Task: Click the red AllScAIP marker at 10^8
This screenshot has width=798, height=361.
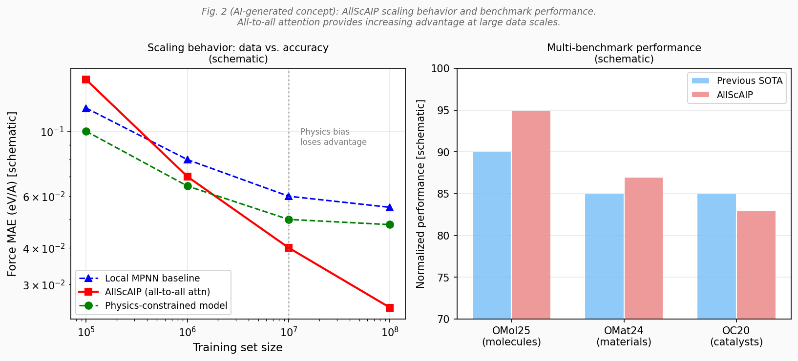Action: tap(390, 308)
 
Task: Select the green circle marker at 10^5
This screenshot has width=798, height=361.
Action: tap(86, 131)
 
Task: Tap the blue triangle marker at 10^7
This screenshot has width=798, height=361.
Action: tap(289, 196)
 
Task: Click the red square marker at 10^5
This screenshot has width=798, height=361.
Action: tap(86, 80)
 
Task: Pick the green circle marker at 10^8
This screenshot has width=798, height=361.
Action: tap(390, 224)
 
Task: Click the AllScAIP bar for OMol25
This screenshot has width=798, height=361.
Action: tap(531, 215)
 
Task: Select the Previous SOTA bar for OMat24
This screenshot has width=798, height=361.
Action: tap(604, 256)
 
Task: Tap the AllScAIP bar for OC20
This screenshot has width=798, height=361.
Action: tap(756, 265)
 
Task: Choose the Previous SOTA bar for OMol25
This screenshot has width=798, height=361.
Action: tap(492, 236)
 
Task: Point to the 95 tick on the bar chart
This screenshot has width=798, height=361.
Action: tap(443, 111)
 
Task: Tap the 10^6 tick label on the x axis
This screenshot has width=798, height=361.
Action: tap(188, 333)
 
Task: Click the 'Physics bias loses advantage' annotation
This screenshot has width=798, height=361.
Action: tap(333, 137)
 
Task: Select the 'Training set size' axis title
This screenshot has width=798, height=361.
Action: tap(237, 347)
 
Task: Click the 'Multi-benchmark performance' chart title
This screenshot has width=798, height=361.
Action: tap(624, 48)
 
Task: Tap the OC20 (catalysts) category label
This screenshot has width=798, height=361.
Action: tap(736, 336)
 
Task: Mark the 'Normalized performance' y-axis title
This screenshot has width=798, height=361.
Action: tap(420, 194)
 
